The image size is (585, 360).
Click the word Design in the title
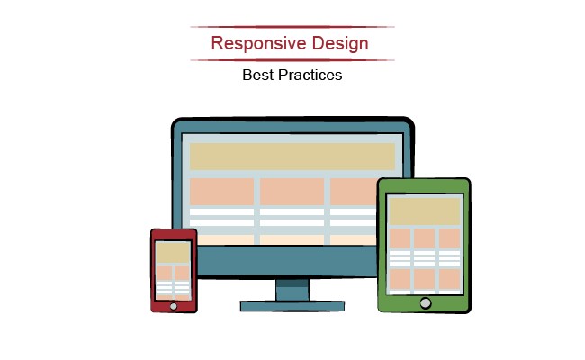[340, 43]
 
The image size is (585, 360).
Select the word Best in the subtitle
[257, 75]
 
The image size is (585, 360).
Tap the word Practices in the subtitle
[310, 75]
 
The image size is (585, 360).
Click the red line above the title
[292, 27]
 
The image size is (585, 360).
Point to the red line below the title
[292, 60]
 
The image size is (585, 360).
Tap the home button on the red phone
[174, 306]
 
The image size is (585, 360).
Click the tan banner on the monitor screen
[292, 157]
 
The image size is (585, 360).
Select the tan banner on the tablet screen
[425, 211]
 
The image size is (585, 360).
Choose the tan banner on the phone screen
[173, 253]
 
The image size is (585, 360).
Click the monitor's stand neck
[292, 290]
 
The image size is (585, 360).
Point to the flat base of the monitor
[292, 306]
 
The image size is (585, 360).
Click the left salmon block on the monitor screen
[222, 192]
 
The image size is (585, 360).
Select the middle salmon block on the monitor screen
[292, 192]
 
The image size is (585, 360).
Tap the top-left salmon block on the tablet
[400, 238]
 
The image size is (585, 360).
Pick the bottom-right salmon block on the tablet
[450, 279]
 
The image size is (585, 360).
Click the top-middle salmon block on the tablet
[425, 238]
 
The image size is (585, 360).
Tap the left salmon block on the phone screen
[164, 273]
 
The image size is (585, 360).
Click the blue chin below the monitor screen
[287, 261]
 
